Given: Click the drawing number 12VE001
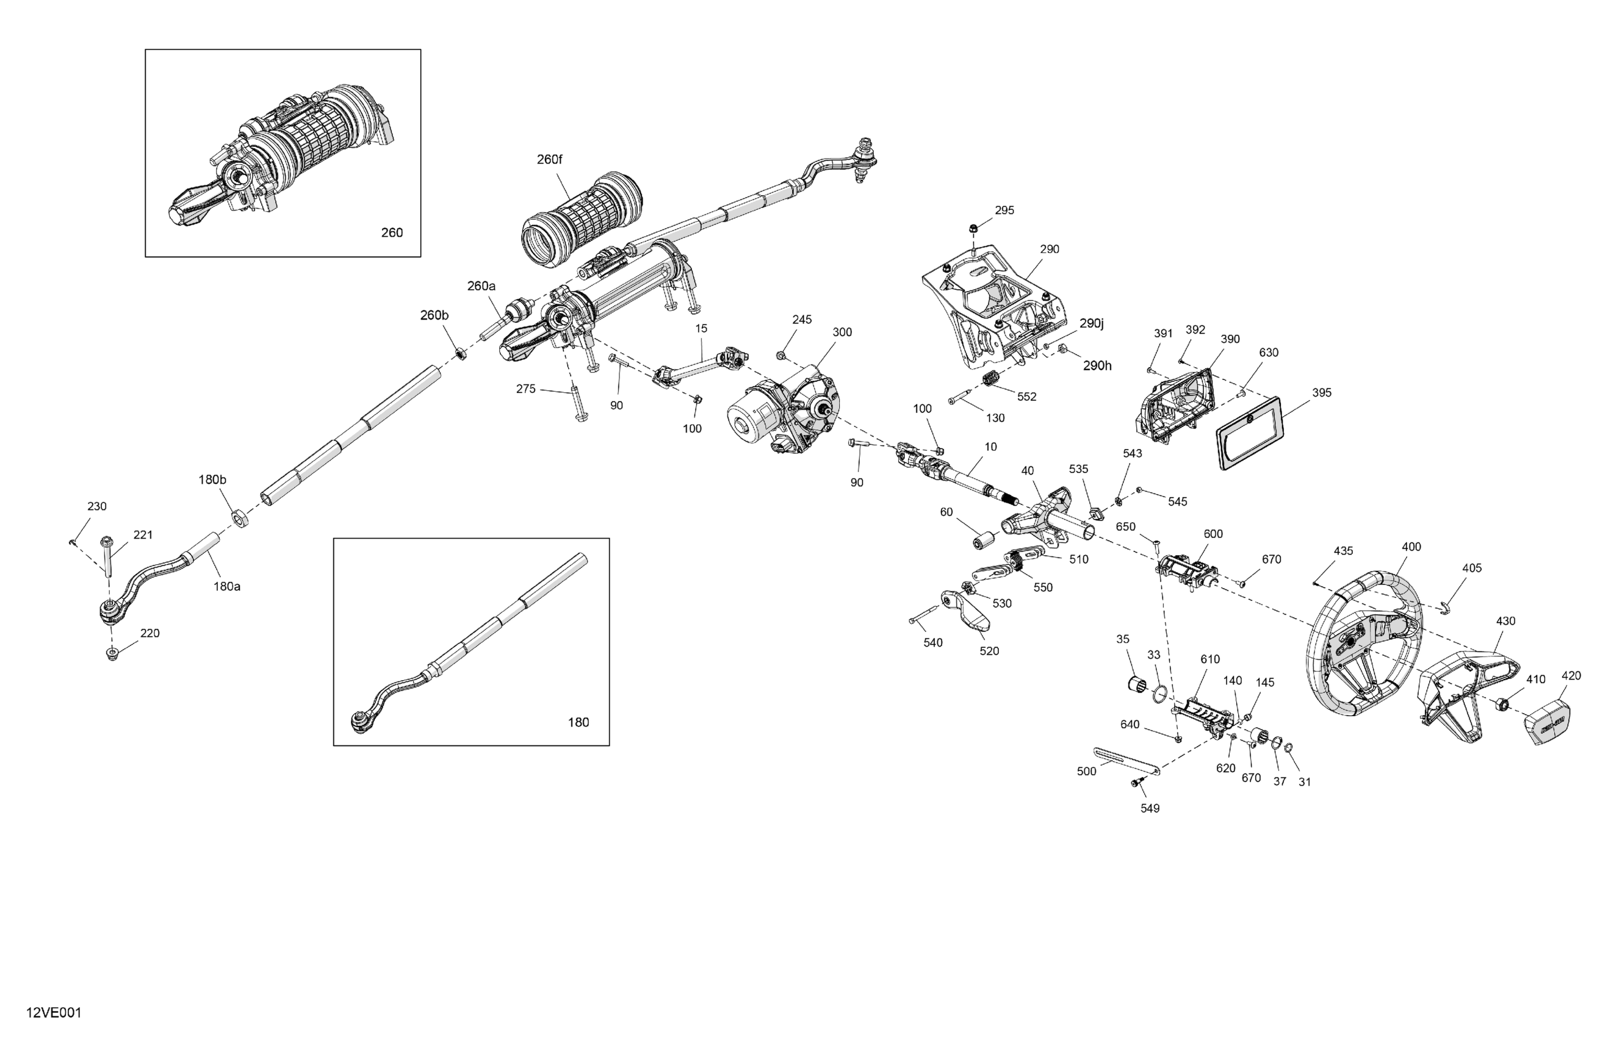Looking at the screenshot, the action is click(x=54, y=1013).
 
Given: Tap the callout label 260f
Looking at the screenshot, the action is click(x=549, y=159).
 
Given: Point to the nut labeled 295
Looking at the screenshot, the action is click(x=973, y=229).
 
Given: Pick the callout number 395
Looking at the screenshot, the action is click(x=1321, y=392).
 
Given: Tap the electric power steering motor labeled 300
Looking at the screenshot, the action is click(x=783, y=414).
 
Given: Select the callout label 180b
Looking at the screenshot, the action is click(x=212, y=479).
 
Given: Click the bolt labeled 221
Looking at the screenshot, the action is click(x=106, y=554).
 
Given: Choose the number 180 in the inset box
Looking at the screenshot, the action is click(x=578, y=722).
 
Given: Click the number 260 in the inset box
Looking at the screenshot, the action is click(x=392, y=232).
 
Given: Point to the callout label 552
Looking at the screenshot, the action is click(x=1026, y=396).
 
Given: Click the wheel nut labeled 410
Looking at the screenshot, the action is click(x=1503, y=705).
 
